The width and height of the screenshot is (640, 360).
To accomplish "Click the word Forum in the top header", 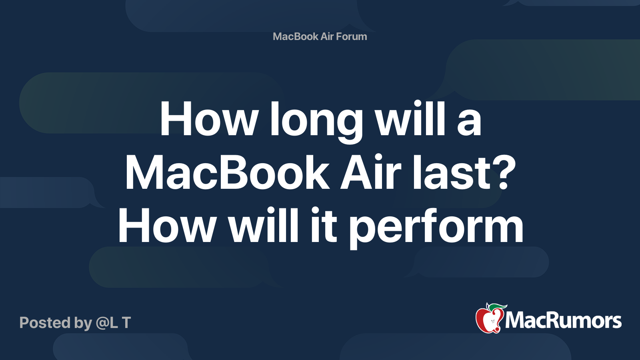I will [351, 36].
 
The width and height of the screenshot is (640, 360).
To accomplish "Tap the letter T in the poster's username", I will [126, 323].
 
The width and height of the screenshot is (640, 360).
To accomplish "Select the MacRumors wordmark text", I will [563, 321].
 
